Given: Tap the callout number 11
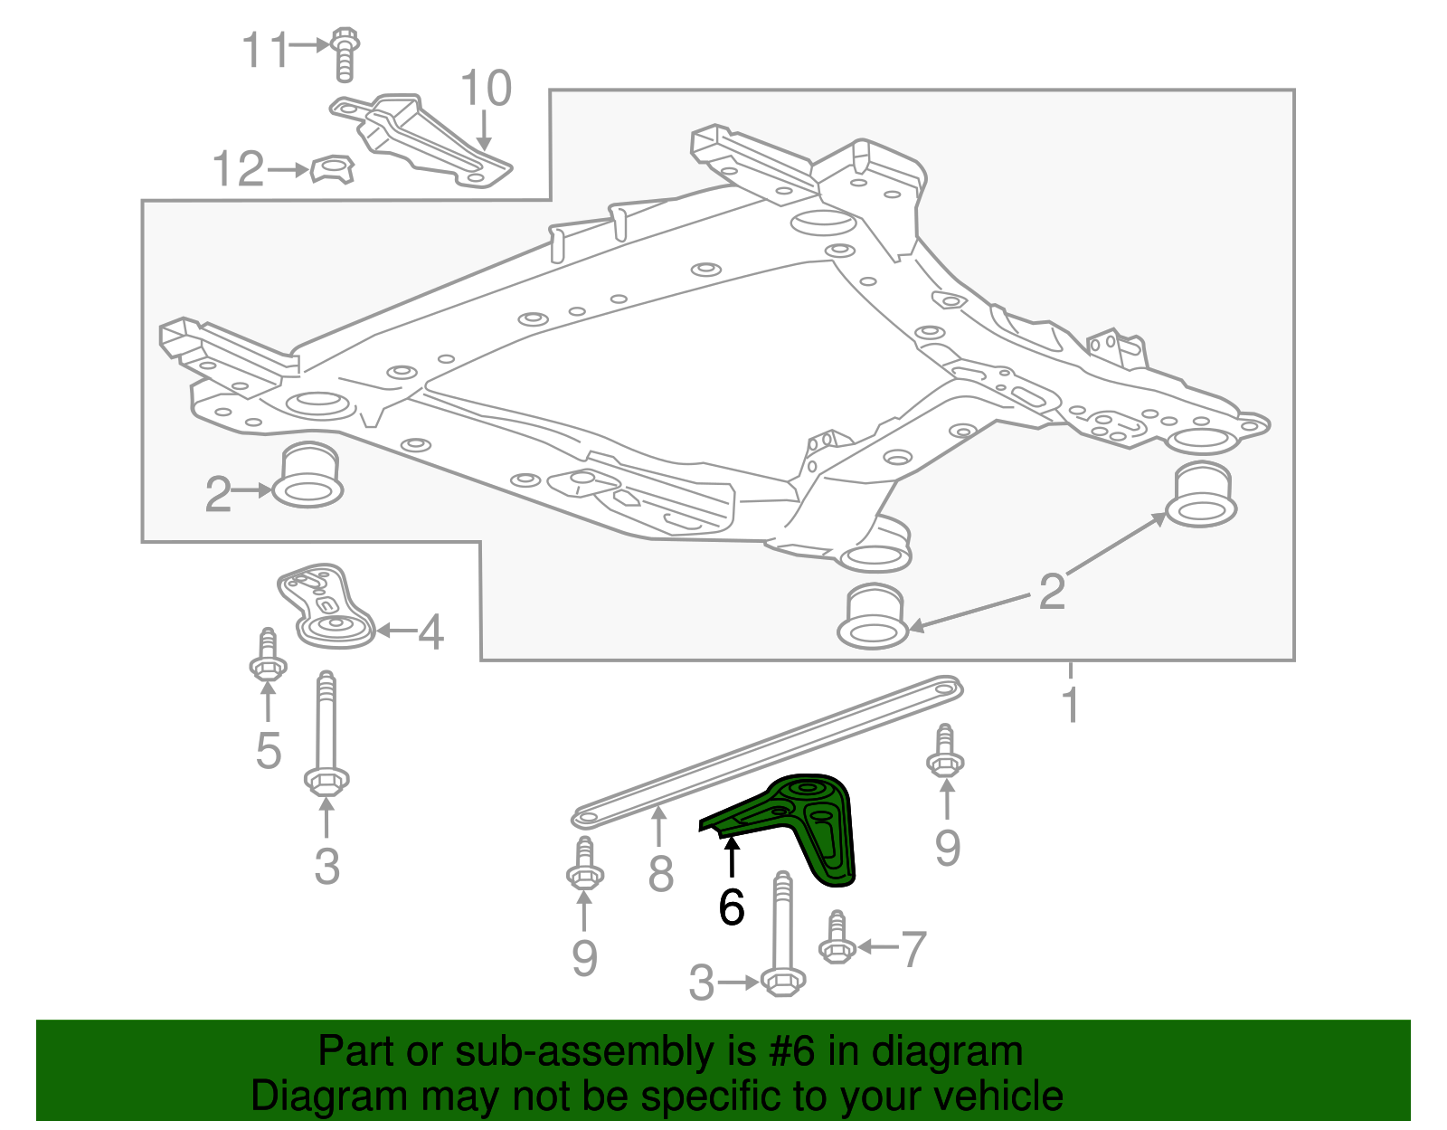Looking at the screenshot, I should click(x=264, y=50).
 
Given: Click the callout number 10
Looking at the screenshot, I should click(x=486, y=90).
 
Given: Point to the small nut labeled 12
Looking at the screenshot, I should click(x=332, y=169).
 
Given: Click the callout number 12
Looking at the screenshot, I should click(x=238, y=170).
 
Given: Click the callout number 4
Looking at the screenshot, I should click(x=431, y=632).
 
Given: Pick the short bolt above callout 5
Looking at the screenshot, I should click(x=268, y=655).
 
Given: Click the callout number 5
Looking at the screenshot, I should click(x=269, y=750).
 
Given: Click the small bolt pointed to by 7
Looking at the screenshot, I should click(x=837, y=938).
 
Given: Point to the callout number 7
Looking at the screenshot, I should click(x=914, y=949).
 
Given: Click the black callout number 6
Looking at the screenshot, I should click(x=731, y=907).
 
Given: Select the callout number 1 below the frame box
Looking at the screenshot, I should click(x=1071, y=705).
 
